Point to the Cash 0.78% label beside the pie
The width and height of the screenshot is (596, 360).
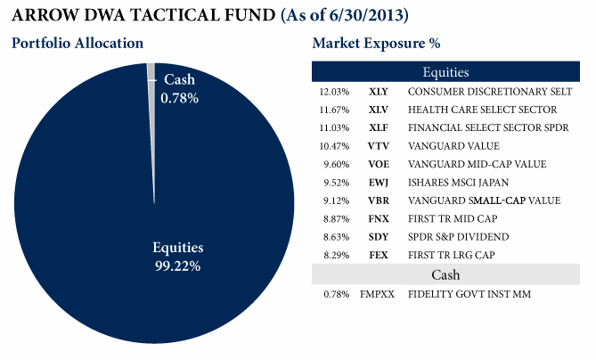point(179,88)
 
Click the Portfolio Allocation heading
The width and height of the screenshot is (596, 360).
point(78,43)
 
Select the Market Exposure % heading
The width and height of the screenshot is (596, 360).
point(377,43)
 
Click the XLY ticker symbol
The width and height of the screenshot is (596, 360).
point(379,92)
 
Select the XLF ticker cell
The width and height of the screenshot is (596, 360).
point(379,128)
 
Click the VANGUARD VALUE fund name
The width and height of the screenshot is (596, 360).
point(453,146)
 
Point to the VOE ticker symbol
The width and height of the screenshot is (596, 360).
point(379,164)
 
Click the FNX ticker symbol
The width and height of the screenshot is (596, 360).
point(379,219)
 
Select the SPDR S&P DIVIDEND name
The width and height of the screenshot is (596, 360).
point(459,237)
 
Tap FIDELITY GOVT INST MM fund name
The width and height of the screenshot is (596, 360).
point(469,294)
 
